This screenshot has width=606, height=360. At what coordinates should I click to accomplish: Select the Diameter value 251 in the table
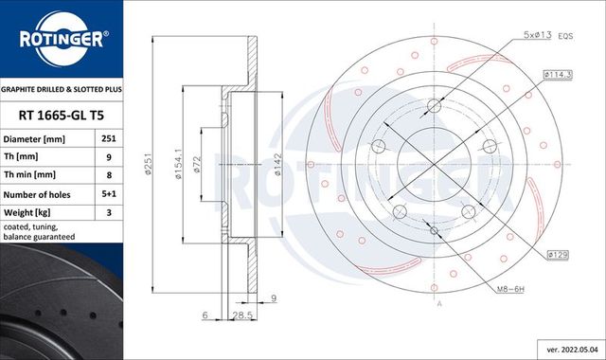[109, 138]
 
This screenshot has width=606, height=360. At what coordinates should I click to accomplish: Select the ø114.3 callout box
[557, 73]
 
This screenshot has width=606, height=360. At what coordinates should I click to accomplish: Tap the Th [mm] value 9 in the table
[109, 155]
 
